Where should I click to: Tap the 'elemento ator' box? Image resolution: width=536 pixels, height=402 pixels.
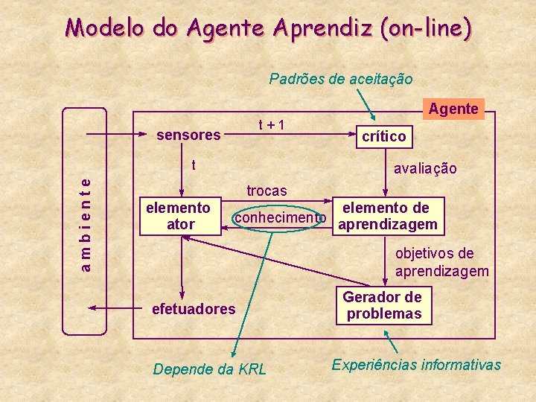click(180, 216)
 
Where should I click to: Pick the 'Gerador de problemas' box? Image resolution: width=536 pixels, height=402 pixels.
click(383, 305)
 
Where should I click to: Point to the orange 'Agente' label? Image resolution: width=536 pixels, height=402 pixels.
click(453, 109)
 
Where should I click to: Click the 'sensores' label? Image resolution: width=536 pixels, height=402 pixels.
click(188, 135)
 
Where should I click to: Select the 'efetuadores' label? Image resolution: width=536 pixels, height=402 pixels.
click(193, 308)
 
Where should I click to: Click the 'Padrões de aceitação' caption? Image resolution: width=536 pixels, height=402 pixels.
click(340, 78)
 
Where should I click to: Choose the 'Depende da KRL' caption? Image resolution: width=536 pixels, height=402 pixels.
click(208, 369)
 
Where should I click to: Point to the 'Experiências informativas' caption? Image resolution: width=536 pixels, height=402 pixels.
click(416, 365)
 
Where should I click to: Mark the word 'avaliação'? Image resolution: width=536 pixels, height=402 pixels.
click(425, 169)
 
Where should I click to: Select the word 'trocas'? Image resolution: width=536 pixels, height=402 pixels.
click(267, 191)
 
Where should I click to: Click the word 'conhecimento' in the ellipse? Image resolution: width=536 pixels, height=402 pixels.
click(280, 217)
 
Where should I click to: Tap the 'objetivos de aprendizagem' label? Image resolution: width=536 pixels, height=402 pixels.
click(441, 262)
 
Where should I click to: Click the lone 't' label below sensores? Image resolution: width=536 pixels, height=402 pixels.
click(194, 165)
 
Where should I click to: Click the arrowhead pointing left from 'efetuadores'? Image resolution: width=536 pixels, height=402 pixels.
click(92, 308)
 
